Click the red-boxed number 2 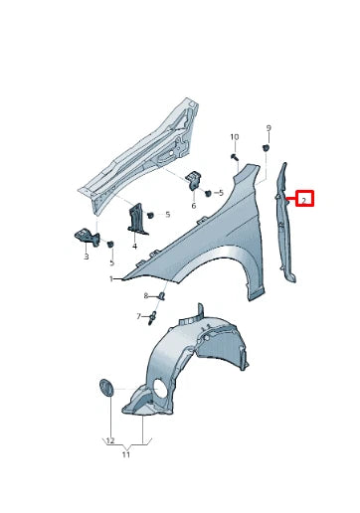304,199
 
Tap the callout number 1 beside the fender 112,279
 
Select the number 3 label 86,256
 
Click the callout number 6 194,205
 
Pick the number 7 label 138,316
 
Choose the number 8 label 145,296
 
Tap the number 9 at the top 268,128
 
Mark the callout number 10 235,136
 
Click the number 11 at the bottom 125,454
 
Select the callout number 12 109,440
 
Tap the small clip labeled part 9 268,148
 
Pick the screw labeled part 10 233,157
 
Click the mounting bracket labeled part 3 84,236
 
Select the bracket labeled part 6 194,181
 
